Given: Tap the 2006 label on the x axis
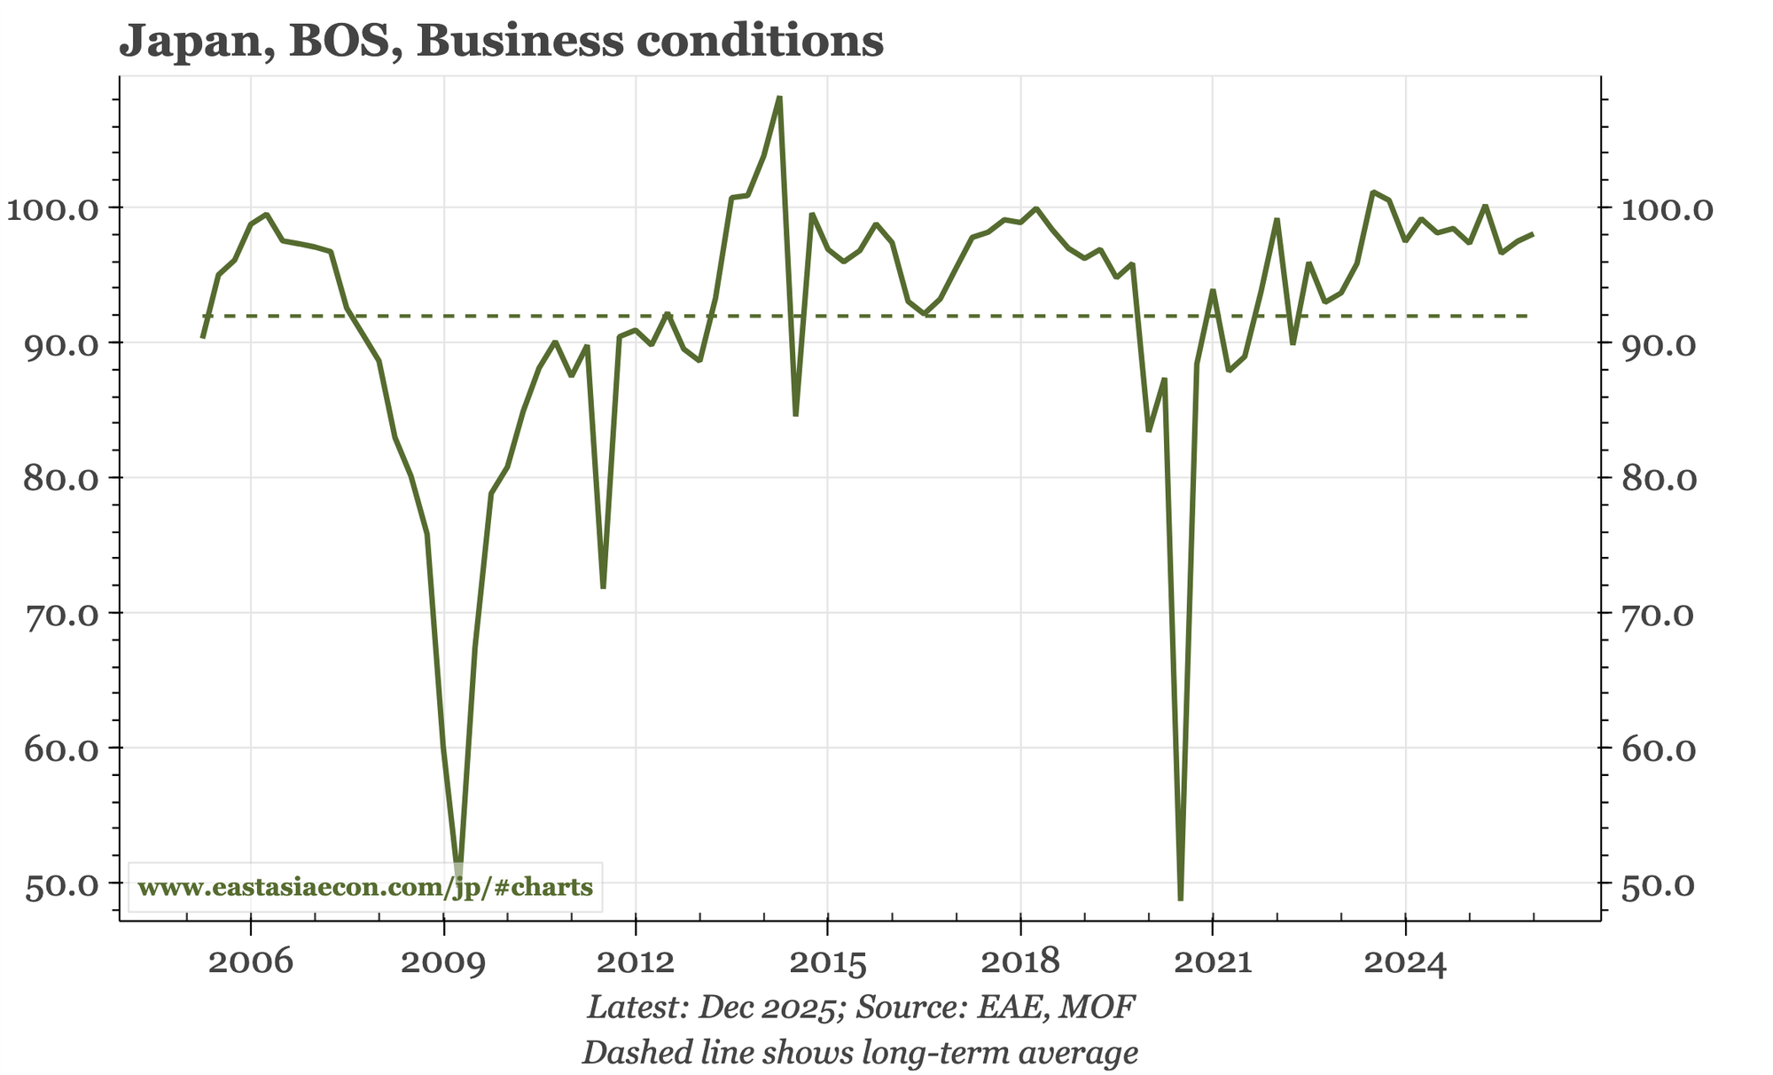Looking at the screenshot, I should tap(251, 962).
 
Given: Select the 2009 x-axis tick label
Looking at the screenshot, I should tap(443, 962).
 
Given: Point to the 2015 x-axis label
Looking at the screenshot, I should tap(827, 962).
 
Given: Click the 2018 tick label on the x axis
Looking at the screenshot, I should tap(1020, 962).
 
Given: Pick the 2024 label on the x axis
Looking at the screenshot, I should tap(1405, 962).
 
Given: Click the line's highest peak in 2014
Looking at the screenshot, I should tap(779, 98).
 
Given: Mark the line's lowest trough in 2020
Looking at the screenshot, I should tap(1180, 898).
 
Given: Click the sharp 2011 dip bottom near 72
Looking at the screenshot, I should tap(603, 586).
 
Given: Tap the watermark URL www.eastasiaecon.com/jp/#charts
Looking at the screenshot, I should tap(366, 887).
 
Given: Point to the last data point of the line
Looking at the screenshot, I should tap(1533, 234).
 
